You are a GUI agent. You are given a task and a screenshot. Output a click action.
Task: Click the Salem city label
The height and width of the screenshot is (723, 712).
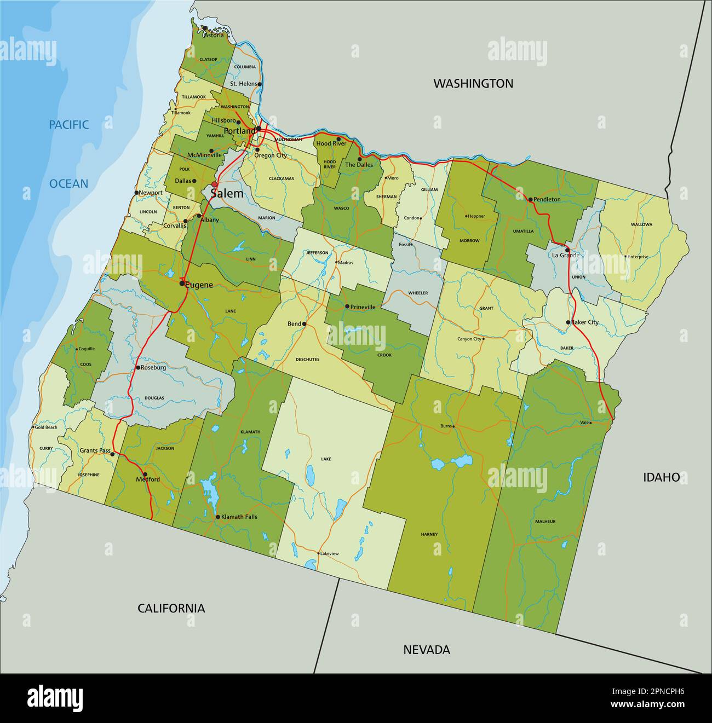coord(227,194)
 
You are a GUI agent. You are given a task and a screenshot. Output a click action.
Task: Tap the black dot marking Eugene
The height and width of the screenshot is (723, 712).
coord(182,284)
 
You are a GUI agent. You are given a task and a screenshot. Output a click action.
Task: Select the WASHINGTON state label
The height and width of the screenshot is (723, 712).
coord(473,83)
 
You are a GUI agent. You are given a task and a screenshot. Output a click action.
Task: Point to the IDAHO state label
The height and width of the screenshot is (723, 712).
coord(661,477)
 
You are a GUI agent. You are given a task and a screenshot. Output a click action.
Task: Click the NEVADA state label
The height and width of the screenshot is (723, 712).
coord(427,650)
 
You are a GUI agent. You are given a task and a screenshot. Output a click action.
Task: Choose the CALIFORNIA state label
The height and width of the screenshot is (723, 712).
coord(171,608)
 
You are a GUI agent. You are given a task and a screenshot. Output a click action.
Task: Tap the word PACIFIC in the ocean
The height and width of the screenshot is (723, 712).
coord(68,125)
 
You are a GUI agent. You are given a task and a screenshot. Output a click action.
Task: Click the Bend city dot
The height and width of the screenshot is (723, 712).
coord(305,324)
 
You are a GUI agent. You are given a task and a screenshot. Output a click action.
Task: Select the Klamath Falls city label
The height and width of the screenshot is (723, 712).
coord(238,517)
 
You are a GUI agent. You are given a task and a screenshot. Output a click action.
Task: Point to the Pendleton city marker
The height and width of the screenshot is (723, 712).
coord(530,199)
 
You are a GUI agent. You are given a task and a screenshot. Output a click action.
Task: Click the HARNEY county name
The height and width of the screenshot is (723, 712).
coord(429,534)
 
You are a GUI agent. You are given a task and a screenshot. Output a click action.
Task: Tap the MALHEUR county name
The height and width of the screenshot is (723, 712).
coord(545,522)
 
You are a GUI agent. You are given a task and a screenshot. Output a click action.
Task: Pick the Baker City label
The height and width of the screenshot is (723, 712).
coord(585,322)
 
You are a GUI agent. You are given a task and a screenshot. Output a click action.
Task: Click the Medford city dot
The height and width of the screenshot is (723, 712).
coord(145,474)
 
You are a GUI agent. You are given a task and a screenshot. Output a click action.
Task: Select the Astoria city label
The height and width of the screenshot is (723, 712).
coord(214,36)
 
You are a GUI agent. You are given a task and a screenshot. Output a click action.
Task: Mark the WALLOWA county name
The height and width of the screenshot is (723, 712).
coord(641,224)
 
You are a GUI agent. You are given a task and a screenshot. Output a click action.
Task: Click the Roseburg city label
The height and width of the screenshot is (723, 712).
coord(153,368)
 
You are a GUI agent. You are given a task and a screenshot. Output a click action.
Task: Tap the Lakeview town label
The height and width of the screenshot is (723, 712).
coord(329,553)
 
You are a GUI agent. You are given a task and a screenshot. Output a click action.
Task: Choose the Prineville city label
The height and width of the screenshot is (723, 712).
coord(363,307)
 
